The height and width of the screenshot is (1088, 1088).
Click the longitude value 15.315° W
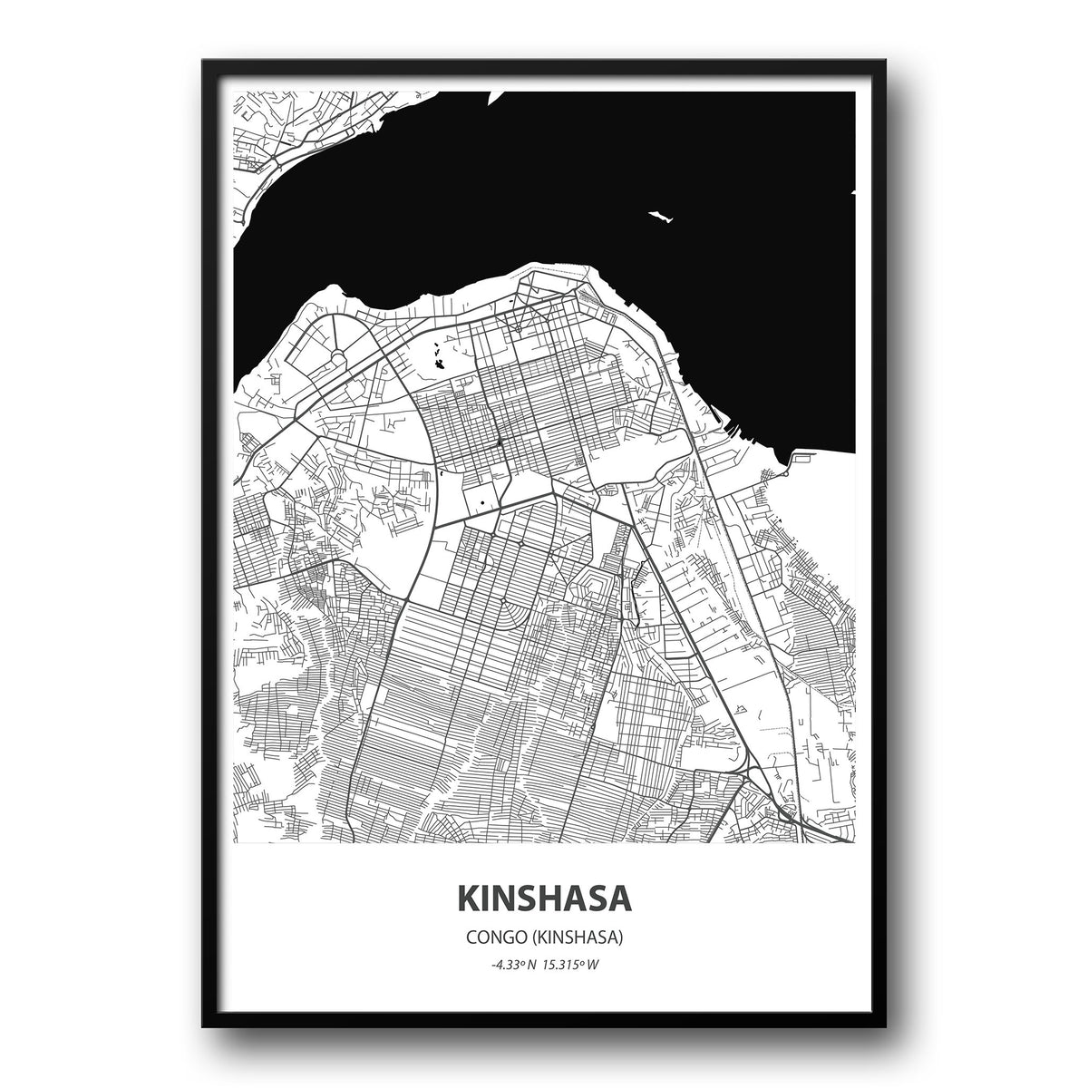pos(572,964)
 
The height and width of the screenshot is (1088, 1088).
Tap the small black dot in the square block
pos(482,502)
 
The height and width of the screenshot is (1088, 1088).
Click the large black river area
pos(544,181)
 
